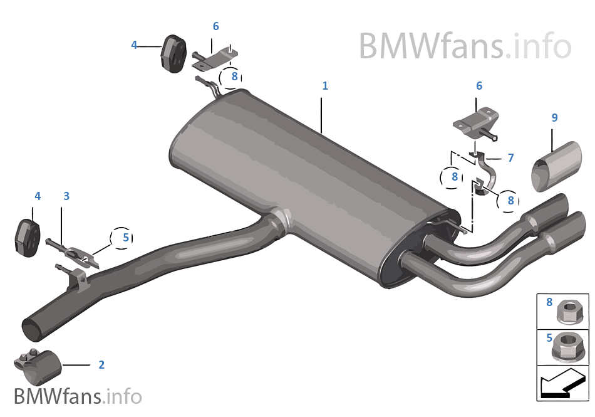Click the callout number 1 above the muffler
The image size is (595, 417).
click(325, 86)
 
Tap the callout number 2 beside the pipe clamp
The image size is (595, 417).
click(101, 364)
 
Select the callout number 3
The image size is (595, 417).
click(66, 196)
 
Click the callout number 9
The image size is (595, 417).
click(554, 117)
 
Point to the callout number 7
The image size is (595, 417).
click(510, 158)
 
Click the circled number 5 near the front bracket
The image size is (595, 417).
click(125, 238)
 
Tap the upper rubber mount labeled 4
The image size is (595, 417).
click(170, 51)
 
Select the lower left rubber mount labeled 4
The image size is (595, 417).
click(28, 237)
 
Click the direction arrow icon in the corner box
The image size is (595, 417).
click(562, 383)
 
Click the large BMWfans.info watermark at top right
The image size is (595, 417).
click(465, 46)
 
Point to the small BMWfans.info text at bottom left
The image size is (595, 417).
click(78, 396)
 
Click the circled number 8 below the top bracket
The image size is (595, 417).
click(234, 77)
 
